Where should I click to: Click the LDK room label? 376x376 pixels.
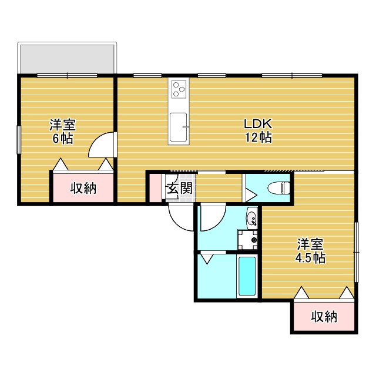pyautogui.click(x=257, y=125)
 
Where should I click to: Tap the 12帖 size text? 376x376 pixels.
pyautogui.click(x=257, y=139)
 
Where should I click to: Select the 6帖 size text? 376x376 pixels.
pyautogui.click(x=62, y=139)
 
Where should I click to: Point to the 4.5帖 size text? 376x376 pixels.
pyautogui.click(x=310, y=257)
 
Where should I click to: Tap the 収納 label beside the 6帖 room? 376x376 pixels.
pyautogui.click(x=83, y=189)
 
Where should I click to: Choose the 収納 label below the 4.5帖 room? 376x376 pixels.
pyautogui.click(x=324, y=317)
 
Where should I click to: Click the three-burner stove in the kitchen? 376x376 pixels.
pyautogui.click(x=179, y=90)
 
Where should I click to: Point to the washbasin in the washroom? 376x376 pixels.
pyautogui.click(x=251, y=219)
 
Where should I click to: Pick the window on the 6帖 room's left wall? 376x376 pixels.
pyautogui.click(x=19, y=140)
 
